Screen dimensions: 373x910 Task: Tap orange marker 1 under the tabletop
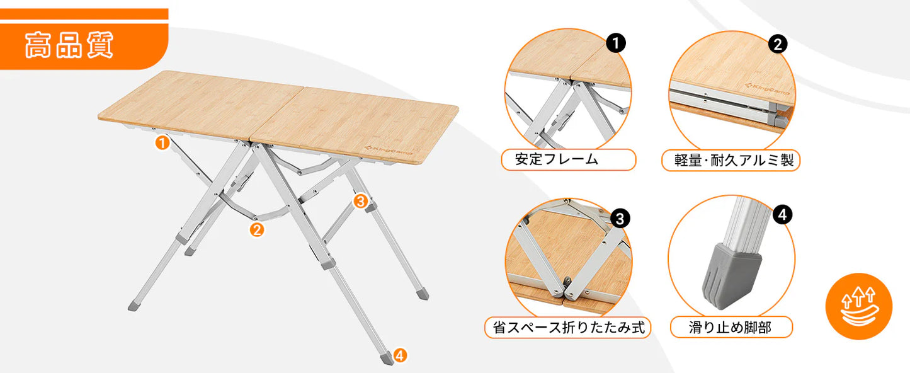pos(162,143)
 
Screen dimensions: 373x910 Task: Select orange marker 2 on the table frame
pos(256,229)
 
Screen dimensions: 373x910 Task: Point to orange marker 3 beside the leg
pos(360,201)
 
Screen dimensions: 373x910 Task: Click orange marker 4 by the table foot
pos(401,355)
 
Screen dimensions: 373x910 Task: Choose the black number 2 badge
pos(778,43)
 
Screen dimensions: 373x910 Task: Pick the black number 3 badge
pos(620,219)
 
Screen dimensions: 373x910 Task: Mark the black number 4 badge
pos(782,215)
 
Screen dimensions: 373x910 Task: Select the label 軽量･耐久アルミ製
pos(731,160)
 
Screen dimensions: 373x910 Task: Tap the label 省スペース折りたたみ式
pos(567,328)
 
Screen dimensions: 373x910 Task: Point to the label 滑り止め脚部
pos(730,328)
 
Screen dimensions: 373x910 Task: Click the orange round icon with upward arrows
pos(858,306)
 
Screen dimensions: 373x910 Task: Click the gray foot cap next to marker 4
pos(386,358)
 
